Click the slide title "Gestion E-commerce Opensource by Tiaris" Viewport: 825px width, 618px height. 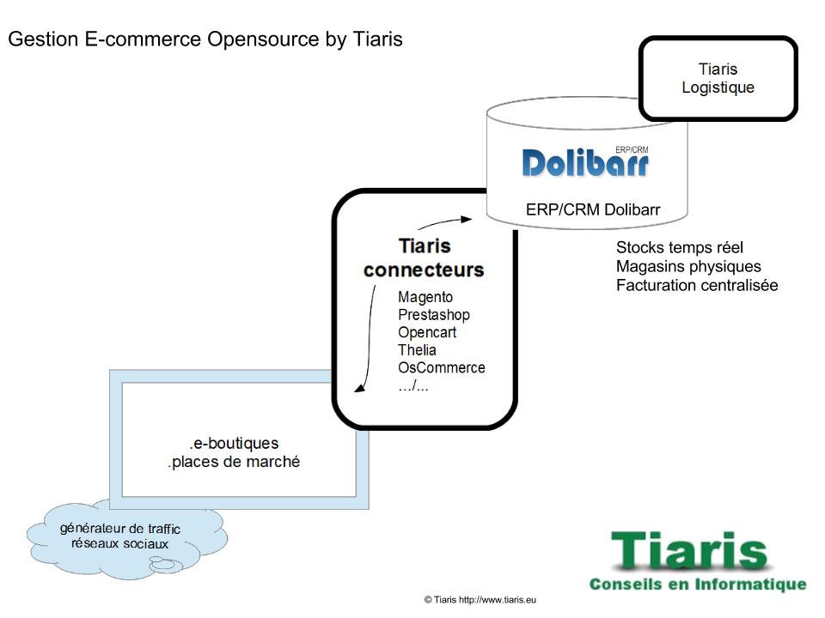tap(205, 40)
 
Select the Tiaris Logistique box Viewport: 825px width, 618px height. tap(718, 78)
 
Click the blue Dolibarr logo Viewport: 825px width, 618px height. tap(585, 162)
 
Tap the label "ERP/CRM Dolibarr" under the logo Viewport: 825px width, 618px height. tap(593, 209)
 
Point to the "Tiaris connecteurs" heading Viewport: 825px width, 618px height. tap(424, 257)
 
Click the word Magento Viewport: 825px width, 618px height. tap(425, 297)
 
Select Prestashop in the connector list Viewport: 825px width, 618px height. tap(434, 315)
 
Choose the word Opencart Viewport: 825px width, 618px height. tap(427, 332)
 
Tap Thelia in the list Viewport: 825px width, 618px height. tap(417, 350)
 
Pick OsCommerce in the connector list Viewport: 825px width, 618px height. tap(442, 368)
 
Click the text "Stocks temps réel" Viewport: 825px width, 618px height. tap(680, 248)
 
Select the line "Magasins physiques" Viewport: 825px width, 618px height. tap(688, 266)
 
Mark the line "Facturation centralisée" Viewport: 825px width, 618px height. tap(697, 285)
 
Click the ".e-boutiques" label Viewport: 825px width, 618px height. tap(235, 444)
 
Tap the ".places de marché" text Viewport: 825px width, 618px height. tap(235, 462)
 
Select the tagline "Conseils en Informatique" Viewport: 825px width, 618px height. tap(698, 585)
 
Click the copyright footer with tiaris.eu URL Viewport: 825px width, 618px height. tap(479, 599)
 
